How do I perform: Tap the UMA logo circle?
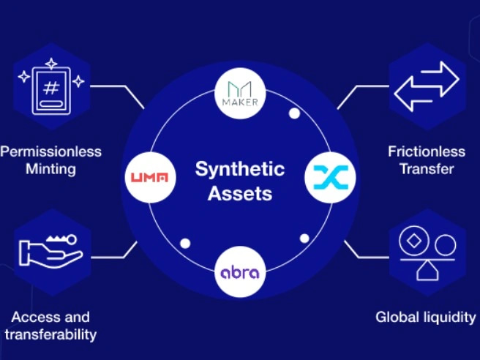coord(149,177)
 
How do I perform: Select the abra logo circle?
coord(239,272)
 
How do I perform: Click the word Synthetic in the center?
coord(239,170)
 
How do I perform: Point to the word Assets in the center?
coord(239,194)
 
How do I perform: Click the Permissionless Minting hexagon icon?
coord(50,89)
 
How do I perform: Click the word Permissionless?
coord(50,152)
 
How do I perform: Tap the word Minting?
coord(50,170)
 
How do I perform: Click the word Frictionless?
coord(427,152)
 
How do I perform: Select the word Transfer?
coord(427,170)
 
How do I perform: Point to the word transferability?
coord(50,335)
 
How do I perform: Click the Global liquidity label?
coord(425,318)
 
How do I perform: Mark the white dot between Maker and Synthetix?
coord(294,113)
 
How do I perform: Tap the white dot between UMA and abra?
coord(185,243)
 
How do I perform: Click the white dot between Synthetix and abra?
coord(304,238)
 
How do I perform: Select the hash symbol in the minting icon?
coord(50,89)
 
